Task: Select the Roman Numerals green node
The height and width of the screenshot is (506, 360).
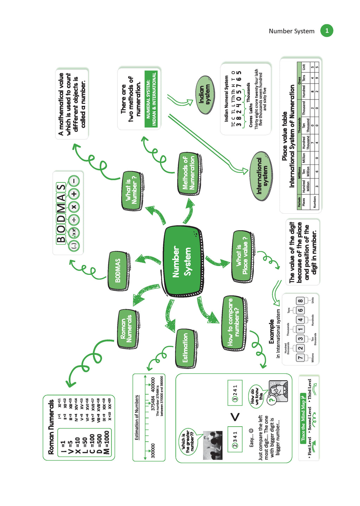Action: (128, 329)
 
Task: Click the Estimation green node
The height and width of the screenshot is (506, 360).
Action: (186, 348)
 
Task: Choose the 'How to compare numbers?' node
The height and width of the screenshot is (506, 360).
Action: (233, 323)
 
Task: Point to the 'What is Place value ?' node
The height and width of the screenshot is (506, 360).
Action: (242, 256)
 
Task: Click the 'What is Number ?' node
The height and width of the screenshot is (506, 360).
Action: (132, 191)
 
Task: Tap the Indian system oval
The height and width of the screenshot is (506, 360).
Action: (205, 95)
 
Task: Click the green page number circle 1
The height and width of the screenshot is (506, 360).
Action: (327, 31)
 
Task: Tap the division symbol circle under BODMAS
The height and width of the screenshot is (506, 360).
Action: (74, 220)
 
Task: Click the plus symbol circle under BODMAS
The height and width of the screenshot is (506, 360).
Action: (74, 194)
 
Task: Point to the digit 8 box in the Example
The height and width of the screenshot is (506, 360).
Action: (300, 301)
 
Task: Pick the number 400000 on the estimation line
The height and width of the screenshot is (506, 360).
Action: (153, 385)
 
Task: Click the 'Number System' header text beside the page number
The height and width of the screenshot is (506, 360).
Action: (291, 31)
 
